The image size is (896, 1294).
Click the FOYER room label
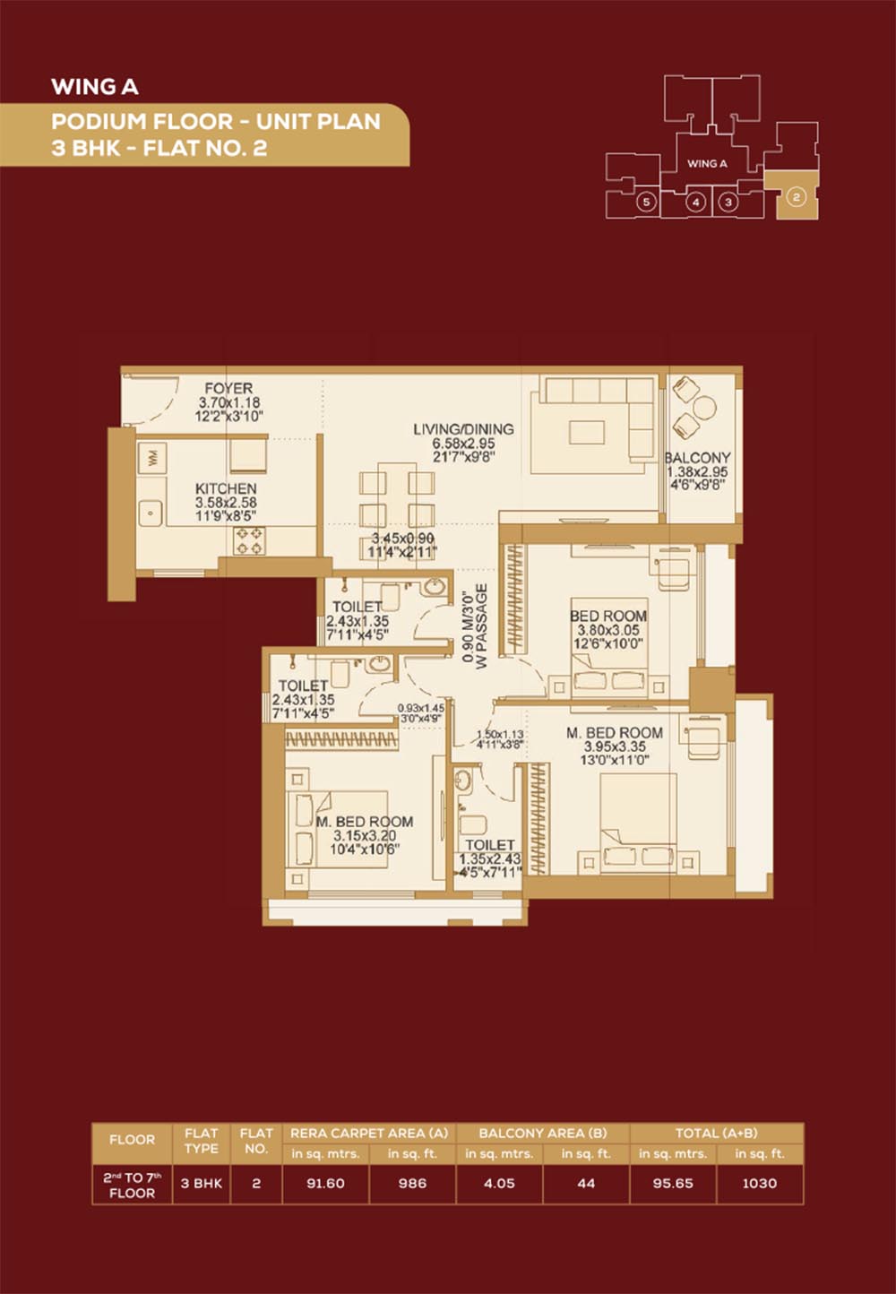click(x=228, y=388)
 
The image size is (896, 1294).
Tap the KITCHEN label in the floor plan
click(x=226, y=488)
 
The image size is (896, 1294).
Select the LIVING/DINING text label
click(x=464, y=429)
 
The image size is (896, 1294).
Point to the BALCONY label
click(x=697, y=458)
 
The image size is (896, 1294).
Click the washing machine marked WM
click(x=152, y=459)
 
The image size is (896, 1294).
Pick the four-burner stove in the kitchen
click(x=249, y=540)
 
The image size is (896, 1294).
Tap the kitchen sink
click(x=151, y=512)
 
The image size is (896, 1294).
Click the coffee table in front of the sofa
click(x=587, y=432)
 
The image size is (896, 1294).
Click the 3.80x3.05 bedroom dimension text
click(x=608, y=630)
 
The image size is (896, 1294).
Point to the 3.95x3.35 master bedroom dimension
click(x=615, y=746)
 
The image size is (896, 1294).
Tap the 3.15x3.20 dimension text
click(x=365, y=836)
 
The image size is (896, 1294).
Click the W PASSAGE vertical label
click(x=482, y=626)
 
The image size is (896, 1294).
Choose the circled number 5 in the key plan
click(x=646, y=203)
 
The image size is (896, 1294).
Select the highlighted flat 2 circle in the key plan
click(x=796, y=197)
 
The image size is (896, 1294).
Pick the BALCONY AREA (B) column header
click(x=543, y=1133)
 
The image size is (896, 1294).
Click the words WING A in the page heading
click(x=95, y=87)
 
